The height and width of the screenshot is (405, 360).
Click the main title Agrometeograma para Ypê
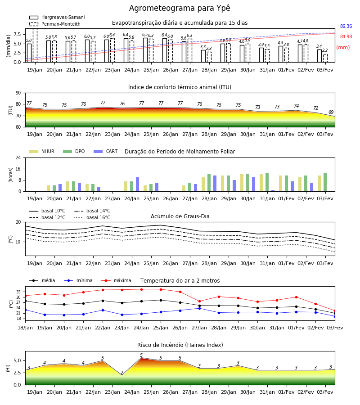point(180,8)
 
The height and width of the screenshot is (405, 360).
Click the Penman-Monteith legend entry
point(55,24)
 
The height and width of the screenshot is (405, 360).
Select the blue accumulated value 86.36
point(346,27)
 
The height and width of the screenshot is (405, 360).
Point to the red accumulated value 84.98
point(346,37)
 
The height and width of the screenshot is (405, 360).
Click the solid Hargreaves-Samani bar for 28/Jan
point(203,56)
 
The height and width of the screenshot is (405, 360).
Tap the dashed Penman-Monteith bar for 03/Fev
point(325,58)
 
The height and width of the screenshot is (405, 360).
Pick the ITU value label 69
point(331,112)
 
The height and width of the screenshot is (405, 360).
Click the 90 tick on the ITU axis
point(18,93)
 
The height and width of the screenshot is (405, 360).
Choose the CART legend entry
point(106,151)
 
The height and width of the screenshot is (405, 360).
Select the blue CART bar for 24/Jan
point(138,184)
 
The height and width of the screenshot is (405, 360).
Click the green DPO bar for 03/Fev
point(325,182)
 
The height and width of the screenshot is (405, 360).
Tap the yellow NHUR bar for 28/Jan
point(203,184)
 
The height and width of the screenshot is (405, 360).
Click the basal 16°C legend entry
point(92,217)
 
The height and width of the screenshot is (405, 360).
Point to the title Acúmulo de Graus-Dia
point(180,216)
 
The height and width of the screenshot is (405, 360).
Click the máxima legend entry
point(117,280)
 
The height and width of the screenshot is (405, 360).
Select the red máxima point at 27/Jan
point(200,301)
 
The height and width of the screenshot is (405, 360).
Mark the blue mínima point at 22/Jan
point(103,310)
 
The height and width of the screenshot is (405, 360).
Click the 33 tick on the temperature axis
point(18,292)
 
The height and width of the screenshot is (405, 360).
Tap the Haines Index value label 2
point(122,373)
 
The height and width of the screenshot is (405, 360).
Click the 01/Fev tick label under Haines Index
point(286,392)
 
